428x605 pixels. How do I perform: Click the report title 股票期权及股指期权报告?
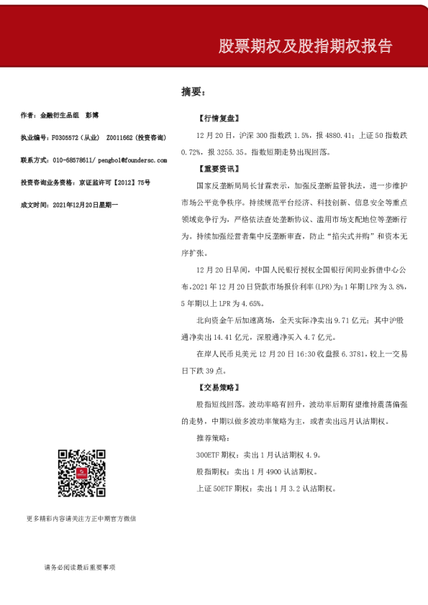pyautogui.click(x=306, y=47)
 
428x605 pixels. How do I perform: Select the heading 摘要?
pyautogui.click(x=193, y=92)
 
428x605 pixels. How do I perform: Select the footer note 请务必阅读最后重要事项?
pyautogui.click(x=79, y=567)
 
